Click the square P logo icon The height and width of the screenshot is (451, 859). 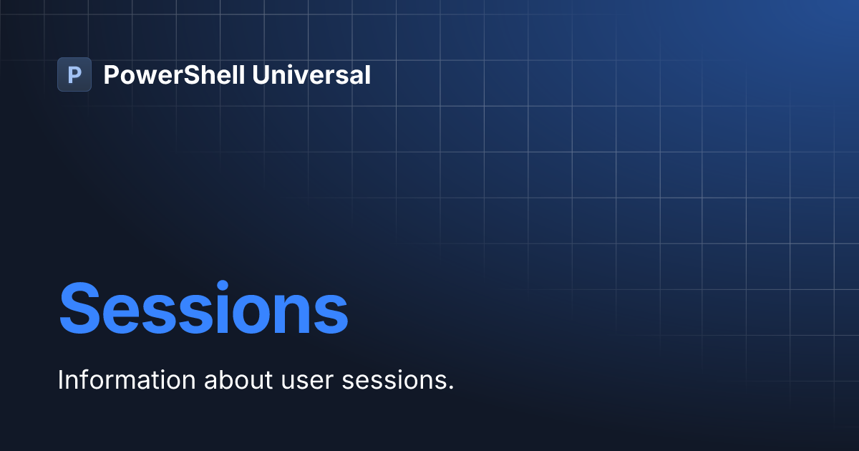74,74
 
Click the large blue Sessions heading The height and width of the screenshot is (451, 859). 203,309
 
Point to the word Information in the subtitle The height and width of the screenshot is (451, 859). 127,380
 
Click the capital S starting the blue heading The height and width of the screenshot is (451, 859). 81,309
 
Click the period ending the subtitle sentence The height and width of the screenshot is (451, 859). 451,388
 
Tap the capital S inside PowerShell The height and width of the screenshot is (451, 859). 189,74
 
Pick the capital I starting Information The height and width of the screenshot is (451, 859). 61,380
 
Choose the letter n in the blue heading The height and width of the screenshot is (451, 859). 301,315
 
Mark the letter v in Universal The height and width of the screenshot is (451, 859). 299,77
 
